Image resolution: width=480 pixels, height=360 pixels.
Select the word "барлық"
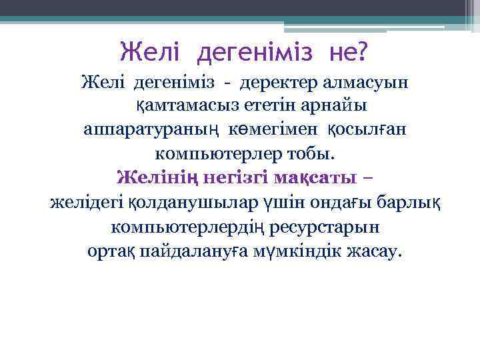coord(396,201)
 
